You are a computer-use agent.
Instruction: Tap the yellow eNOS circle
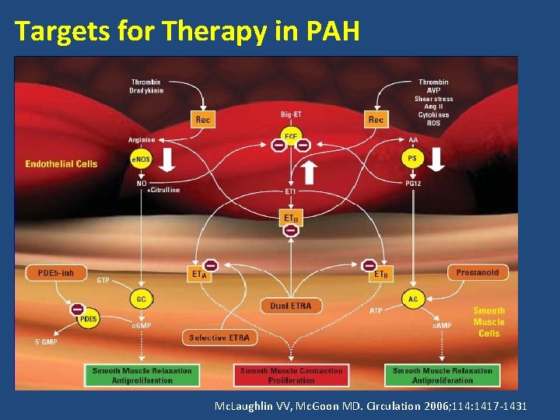pos(142,159)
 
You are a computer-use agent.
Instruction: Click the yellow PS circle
pos(413,158)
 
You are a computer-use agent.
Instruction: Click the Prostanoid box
pos(478,272)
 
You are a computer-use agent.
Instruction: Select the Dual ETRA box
pos(290,306)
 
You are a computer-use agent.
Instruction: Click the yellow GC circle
pos(142,299)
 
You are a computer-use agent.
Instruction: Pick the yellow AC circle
pos(413,299)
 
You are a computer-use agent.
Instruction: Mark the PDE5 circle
pos(88,319)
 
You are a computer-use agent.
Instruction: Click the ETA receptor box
pos(200,273)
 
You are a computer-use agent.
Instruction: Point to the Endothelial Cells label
pos(61,164)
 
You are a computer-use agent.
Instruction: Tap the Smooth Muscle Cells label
pos(488,322)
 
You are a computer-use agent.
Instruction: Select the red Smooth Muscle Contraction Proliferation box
pos(291,376)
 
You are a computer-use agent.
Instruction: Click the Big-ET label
pos(292,115)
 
